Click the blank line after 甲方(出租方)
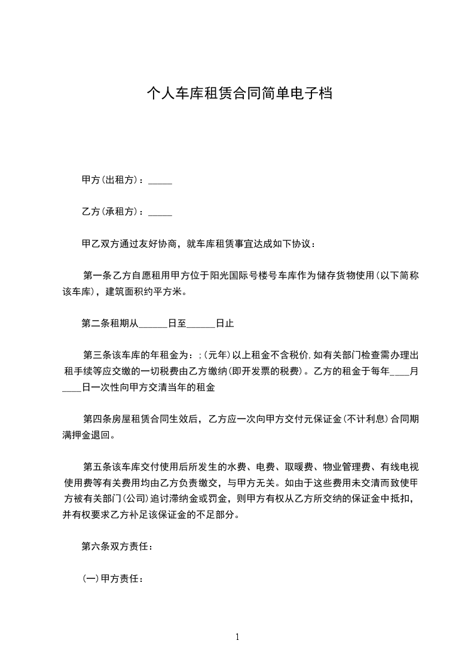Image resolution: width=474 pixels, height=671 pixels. (160, 181)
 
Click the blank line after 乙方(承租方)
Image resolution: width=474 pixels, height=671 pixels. (160, 212)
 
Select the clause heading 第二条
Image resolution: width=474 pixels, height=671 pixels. (95, 324)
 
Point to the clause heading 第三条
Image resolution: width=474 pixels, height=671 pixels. (96, 356)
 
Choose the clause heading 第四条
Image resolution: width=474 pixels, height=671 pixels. (96, 419)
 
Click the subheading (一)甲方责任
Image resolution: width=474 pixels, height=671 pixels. (112, 578)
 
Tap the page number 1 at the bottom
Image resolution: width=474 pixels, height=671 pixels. (237, 637)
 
